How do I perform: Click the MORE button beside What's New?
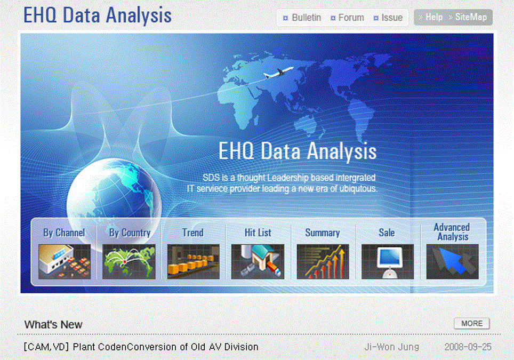coord(472,324)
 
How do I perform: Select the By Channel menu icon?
coord(65,261)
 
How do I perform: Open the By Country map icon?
coord(129,261)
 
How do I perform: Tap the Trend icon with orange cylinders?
coord(193,261)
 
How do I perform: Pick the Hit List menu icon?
coord(258,261)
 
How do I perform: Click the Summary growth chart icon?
coord(323,261)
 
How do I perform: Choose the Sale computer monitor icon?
coord(387,261)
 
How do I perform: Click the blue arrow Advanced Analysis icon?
coord(452,261)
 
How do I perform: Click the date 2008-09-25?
coord(468,347)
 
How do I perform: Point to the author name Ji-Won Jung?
coord(391,347)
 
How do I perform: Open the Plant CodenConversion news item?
coord(141,347)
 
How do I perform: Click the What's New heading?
coord(53,325)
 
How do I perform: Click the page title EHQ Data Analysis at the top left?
coord(98,16)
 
